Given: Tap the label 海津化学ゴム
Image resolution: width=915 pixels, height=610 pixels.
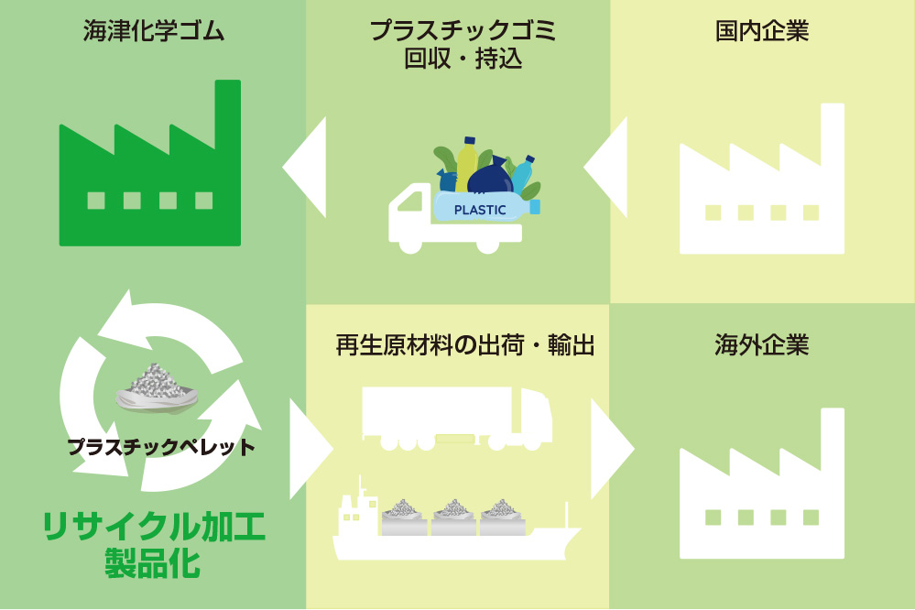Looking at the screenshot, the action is pyautogui.click(x=154, y=31).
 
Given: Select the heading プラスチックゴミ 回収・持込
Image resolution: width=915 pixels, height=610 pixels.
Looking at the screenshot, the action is pyautogui.click(x=463, y=45).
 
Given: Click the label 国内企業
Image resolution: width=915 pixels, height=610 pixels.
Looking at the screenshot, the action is pyautogui.click(x=761, y=31).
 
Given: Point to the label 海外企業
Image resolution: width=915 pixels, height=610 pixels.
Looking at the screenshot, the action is pyautogui.click(x=761, y=345).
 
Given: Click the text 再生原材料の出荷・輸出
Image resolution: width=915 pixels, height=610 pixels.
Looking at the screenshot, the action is pyautogui.click(x=465, y=345).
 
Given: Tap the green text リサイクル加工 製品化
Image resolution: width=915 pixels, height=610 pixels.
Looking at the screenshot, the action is pyautogui.click(x=154, y=545).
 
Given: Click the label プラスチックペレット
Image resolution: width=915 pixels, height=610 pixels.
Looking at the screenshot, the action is pyautogui.click(x=161, y=447).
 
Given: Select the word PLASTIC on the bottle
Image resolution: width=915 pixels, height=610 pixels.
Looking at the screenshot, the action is pyautogui.click(x=480, y=210).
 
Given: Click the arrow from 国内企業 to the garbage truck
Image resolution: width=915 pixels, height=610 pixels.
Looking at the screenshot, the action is pyautogui.click(x=605, y=167).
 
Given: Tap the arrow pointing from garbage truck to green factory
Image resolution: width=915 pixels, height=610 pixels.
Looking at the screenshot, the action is pyautogui.click(x=304, y=167).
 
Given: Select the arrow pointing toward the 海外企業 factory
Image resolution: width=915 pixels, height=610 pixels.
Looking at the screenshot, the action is pyautogui.click(x=612, y=449).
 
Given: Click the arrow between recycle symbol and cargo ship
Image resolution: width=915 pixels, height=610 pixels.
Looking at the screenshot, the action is pyautogui.click(x=311, y=449).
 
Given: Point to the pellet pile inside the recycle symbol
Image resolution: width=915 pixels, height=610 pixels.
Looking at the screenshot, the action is pyautogui.click(x=157, y=387).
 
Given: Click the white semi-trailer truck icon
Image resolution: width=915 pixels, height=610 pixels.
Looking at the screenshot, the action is pyautogui.click(x=457, y=419).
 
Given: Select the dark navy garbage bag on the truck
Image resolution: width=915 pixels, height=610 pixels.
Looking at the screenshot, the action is pyautogui.click(x=490, y=176).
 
